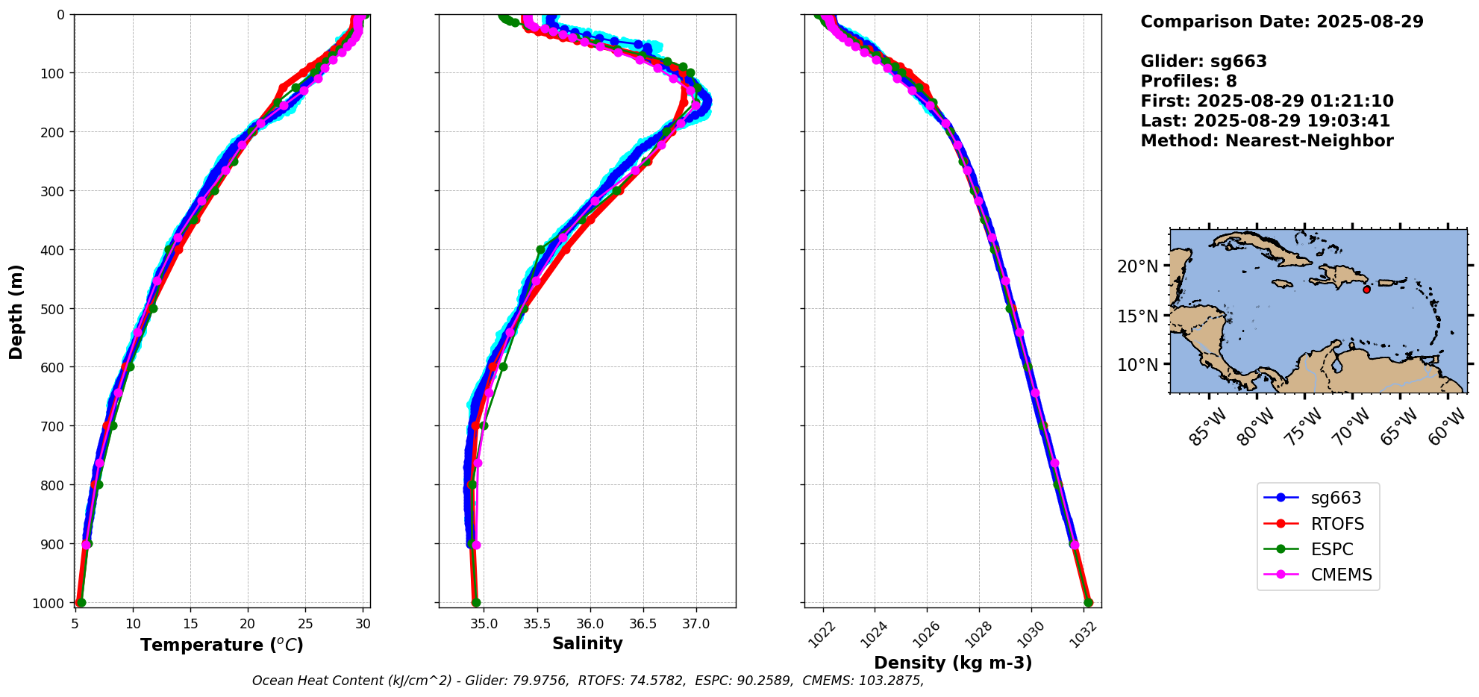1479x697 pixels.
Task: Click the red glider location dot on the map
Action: coord(1366,290)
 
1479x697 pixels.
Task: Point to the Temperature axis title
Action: coord(222,645)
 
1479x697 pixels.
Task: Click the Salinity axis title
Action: coord(587,643)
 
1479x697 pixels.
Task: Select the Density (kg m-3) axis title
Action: coord(953,663)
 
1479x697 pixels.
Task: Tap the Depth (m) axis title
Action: coord(16,311)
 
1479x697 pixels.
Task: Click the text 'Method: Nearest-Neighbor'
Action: coord(1266,141)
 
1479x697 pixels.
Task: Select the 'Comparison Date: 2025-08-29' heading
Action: coord(1281,22)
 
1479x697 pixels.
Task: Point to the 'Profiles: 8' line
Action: coord(1188,81)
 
